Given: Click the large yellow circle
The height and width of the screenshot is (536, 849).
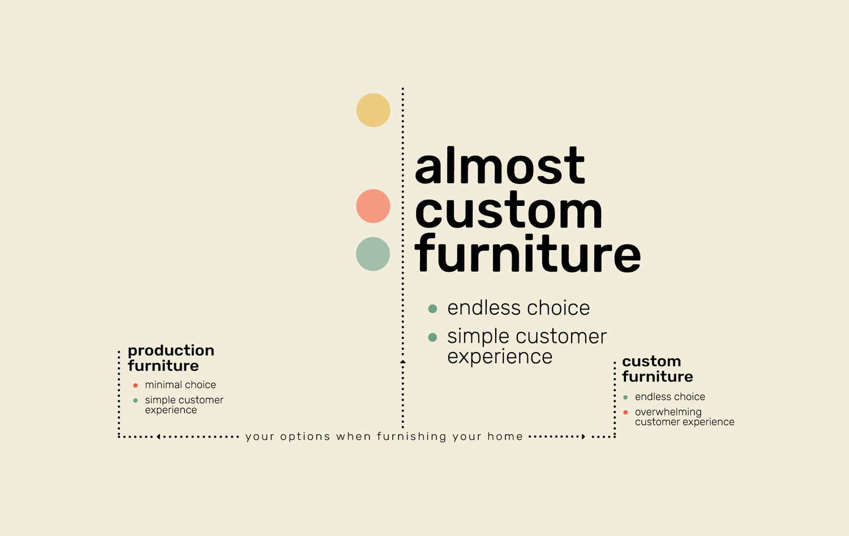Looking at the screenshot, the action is pyautogui.click(x=374, y=110).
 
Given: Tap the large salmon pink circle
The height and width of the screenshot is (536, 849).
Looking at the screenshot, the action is pyautogui.click(x=373, y=206).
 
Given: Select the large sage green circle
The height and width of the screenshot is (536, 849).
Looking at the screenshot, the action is pyautogui.click(x=373, y=254).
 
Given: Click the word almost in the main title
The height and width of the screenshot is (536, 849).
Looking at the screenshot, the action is pyautogui.click(x=500, y=166).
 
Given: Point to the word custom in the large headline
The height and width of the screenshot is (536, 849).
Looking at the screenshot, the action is pyautogui.click(x=509, y=211).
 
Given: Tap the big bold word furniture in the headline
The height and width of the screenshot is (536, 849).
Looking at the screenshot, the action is pyautogui.click(x=528, y=253).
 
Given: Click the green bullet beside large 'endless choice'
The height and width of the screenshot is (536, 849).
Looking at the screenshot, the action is pyautogui.click(x=432, y=308).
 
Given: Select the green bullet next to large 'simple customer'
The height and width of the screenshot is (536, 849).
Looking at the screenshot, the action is pyautogui.click(x=432, y=337).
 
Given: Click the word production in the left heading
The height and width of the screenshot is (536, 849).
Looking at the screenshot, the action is pyautogui.click(x=171, y=351).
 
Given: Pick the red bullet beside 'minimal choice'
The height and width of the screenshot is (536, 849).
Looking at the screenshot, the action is pyautogui.click(x=135, y=385).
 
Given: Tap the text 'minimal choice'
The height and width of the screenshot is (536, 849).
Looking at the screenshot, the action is pyautogui.click(x=181, y=385).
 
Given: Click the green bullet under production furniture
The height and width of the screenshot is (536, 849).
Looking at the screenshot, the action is pyautogui.click(x=135, y=400).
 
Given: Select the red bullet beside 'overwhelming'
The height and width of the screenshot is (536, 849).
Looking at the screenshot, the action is pyautogui.click(x=625, y=413).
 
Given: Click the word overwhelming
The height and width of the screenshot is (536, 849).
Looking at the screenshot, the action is pyautogui.click(x=668, y=412).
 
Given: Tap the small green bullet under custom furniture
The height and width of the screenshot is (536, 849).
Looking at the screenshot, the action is pyautogui.click(x=625, y=397).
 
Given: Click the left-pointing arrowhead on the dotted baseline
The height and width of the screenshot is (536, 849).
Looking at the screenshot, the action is pyautogui.click(x=158, y=437).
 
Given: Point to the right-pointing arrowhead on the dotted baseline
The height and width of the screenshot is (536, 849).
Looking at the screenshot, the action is pyautogui.click(x=584, y=437).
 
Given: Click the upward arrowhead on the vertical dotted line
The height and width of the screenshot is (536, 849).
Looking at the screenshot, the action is pyautogui.click(x=403, y=362).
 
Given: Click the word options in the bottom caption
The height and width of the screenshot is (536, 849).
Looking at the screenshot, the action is pyautogui.click(x=305, y=437).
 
